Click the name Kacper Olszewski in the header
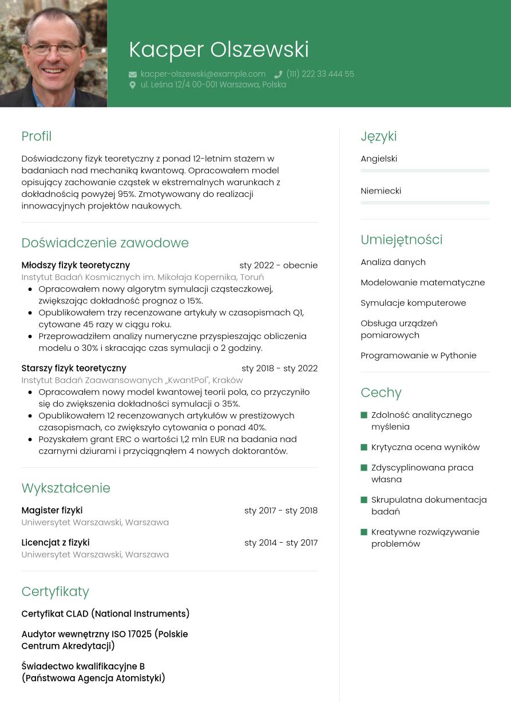point(219,50)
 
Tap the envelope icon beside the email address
point(133,74)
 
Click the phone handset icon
point(278,74)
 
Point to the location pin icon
point(133,85)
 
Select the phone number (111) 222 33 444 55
point(320,74)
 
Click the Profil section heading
point(37,136)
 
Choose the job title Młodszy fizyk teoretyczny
point(76,265)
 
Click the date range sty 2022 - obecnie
point(278,265)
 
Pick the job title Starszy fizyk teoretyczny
point(74,368)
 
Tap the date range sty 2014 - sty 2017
point(280,543)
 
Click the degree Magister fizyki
point(52,510)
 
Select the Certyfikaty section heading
point(56,591)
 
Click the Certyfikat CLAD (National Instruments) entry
point(105,614)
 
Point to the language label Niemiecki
point(381,191)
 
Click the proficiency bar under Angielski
point(425,171)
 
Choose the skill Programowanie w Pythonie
point(418,355)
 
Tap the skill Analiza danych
point(393,262)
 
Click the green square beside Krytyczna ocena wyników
point(364,447)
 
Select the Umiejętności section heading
point(401,240)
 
